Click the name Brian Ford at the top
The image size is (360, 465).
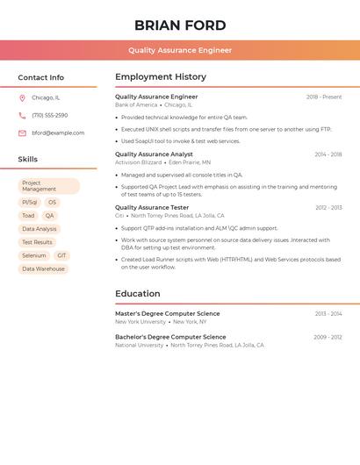coord(180,25)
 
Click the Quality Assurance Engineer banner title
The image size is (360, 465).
coord(180,50)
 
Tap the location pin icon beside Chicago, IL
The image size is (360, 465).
coord(22,98)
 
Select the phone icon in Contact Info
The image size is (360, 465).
coord(22,116)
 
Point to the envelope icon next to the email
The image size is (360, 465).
coord(22,133)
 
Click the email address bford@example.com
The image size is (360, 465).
coord(58,133)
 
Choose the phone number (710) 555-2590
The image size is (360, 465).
coord(50,116)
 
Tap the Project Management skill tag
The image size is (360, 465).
coord(48,186)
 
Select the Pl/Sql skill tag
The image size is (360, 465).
coord(30,203)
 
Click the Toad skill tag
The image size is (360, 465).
coord(28,216)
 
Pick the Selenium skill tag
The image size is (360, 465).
coord(33,255)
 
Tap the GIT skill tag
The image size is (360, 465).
coord(61,255)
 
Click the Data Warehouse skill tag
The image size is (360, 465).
coord(43,269)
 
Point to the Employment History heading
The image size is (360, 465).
coord(161,77)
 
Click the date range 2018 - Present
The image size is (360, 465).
coord(324,97)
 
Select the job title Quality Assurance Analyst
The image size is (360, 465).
coord(154,154)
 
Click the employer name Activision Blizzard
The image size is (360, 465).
coord(138,162)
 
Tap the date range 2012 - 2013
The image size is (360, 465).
coord(328,208)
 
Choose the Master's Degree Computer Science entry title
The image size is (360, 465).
coord(167,313)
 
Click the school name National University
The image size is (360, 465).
coord(139,346)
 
